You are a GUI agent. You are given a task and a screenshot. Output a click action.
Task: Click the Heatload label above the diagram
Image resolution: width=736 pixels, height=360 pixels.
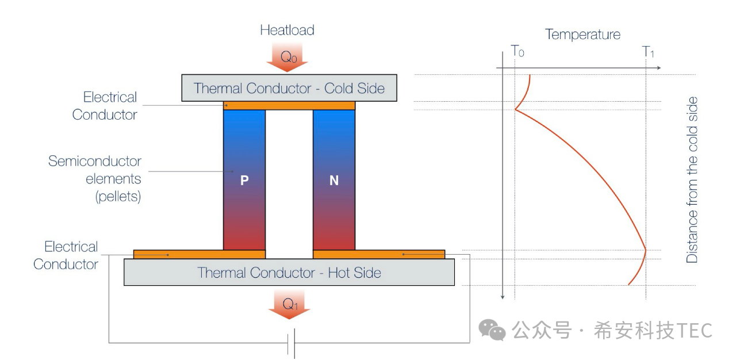pos(287,30)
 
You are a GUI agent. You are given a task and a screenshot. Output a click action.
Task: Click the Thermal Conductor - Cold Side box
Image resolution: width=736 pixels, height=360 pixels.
pos(289,88)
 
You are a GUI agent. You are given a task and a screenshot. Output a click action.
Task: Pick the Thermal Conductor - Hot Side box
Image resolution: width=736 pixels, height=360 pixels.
pos(289,272)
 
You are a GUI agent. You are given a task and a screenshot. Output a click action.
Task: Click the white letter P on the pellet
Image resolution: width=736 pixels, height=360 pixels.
pos(244,181)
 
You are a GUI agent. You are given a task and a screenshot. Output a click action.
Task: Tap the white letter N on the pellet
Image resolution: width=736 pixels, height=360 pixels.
pos(334,181)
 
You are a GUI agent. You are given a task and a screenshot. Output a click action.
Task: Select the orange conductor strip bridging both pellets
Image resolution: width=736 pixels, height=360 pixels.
pos(289,105)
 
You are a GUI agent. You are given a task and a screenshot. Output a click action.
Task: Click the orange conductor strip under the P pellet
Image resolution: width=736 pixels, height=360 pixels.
pos(199,254)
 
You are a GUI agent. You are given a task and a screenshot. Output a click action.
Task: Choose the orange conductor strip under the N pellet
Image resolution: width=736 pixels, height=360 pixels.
pos(379,254)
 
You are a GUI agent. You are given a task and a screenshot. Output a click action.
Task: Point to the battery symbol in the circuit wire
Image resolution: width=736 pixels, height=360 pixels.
pos(293,343)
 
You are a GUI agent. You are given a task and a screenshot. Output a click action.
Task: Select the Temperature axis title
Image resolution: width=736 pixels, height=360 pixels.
pos(582,35)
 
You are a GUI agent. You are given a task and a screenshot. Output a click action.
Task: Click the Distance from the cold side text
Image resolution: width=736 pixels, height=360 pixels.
pos(692,180)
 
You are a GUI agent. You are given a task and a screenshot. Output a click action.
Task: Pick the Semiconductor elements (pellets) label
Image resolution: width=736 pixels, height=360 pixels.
pos(95,178)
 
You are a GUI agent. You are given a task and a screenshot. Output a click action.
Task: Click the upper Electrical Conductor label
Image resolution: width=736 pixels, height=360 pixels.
pos(105,105)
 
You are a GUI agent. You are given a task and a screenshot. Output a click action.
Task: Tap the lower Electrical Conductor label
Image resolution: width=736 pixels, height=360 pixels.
pos(66,255)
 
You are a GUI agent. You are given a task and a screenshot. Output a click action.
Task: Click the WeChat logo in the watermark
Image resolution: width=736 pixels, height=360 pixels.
pos(492,330)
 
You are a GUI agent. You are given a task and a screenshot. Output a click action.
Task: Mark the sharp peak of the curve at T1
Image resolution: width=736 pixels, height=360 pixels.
pos(646,250)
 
